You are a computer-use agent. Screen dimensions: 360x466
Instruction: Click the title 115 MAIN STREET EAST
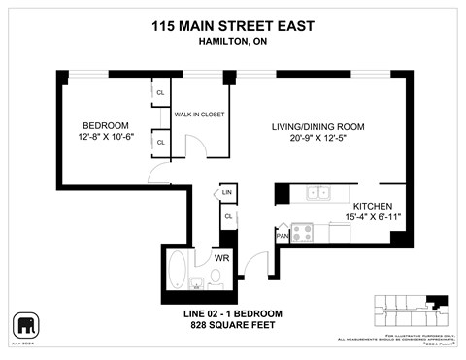(x=233, y=28)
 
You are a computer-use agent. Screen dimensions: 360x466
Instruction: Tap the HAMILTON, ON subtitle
(x=233, y=47)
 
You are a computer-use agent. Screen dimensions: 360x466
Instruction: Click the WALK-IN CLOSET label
(x=199, y=115)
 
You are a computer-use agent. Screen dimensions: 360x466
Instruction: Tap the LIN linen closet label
(x=227, y=194)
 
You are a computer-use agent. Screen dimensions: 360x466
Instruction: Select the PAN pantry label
(x=283, y=235)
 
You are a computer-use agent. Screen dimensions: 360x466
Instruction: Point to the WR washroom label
(x=221, y=259)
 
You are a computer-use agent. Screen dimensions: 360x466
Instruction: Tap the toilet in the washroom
(x=216, y=279)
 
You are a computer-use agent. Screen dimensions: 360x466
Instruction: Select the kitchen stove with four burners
(x=303, y=233)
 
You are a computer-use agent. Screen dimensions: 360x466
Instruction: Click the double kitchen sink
(x=318, y=193)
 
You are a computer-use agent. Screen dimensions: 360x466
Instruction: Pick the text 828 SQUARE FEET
(x=233, y=325)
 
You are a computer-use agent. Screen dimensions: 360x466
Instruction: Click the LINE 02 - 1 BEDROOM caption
(x=233, y=313)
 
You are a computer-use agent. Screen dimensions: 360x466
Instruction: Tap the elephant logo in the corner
(x=23, y=322)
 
